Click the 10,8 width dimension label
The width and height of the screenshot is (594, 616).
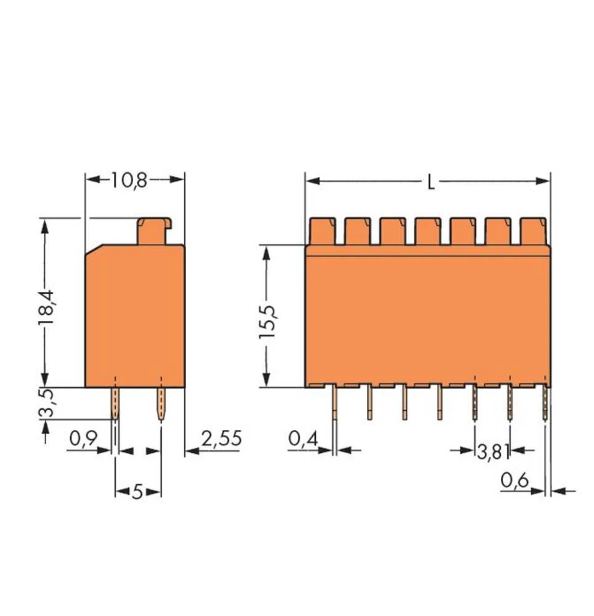129,180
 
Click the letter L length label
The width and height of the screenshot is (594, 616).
431,182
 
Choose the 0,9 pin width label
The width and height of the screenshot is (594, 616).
83,439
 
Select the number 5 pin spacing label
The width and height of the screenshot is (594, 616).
137,492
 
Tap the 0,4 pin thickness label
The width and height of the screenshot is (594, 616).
303,439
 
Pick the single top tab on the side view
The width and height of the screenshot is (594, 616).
154,231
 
